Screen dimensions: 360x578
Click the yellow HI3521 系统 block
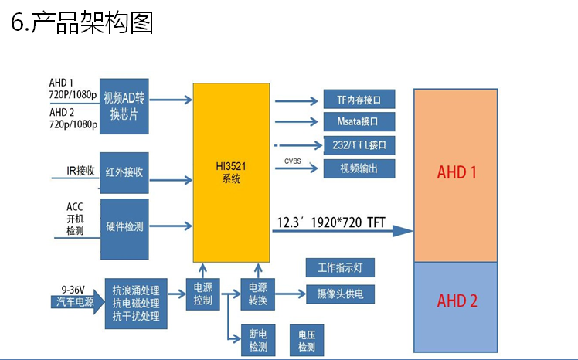click(231, 172)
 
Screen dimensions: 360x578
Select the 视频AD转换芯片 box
click(124, 105)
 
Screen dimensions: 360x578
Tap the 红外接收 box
click(124, 172)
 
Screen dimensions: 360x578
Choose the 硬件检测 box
click(124, 227)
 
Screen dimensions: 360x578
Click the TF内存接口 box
click(360, 100)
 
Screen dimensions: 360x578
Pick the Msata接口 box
click(360, 121)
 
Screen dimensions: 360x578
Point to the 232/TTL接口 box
click(360, 144)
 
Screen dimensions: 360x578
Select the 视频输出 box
click(360, 168)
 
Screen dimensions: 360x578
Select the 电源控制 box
click(202, 293)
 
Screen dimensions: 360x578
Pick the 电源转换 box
click(257, 293)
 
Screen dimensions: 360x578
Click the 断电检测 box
click(257, 341)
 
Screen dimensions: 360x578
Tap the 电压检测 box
click(307, 341)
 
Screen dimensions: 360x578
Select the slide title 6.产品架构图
click(82, 22)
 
